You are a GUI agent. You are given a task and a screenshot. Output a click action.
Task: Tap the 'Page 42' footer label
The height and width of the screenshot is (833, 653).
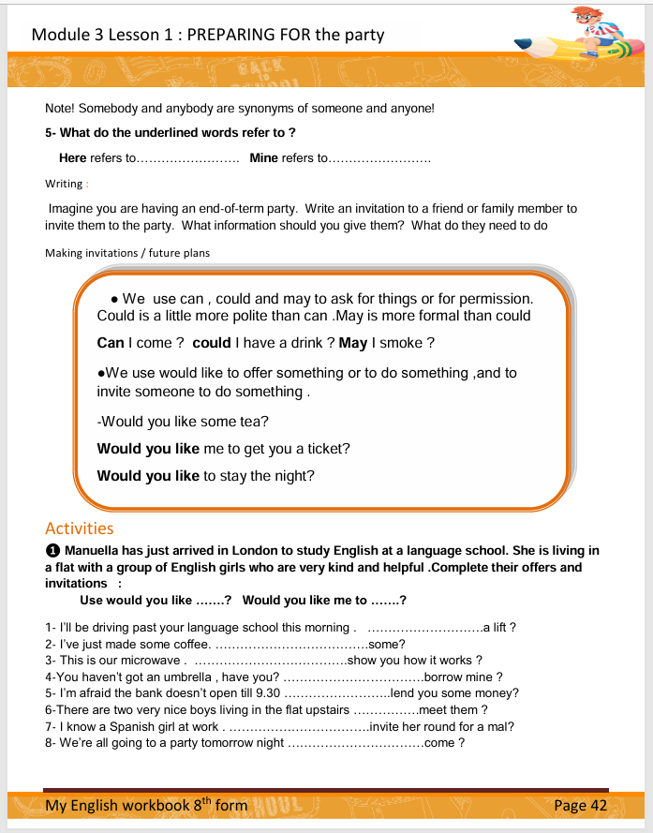(x=581, y=805)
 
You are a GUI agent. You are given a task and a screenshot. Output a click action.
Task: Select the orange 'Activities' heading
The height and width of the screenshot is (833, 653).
(x=79, y=528)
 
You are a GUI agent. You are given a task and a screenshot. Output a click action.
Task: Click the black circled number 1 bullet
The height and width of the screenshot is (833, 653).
(x=52, y=551)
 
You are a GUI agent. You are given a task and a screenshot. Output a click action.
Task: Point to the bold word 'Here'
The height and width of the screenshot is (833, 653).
(x=72, y=158)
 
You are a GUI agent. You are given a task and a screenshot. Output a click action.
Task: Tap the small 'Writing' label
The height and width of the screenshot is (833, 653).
(x=64, y=184)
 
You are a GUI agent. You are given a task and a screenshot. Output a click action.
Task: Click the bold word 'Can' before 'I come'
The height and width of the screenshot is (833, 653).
(x=111, y=343)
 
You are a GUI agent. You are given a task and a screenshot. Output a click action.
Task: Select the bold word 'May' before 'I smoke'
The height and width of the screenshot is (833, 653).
(x=353, y=343)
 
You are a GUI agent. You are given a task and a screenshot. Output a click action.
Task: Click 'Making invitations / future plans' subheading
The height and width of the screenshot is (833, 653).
(x=127, y=253)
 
